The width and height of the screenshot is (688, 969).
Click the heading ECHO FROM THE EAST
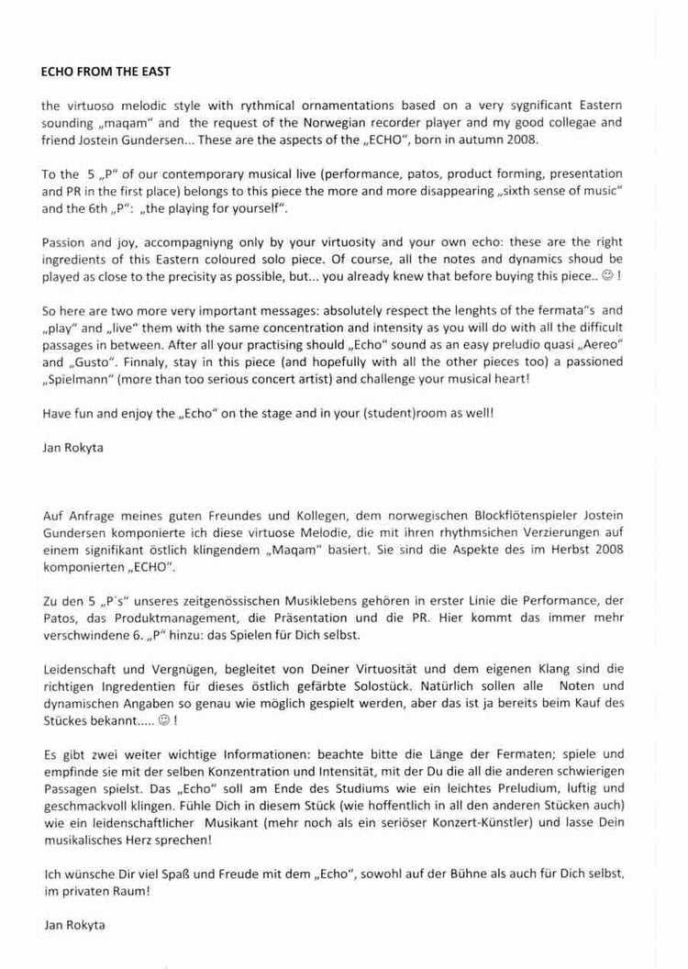point(106,71)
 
